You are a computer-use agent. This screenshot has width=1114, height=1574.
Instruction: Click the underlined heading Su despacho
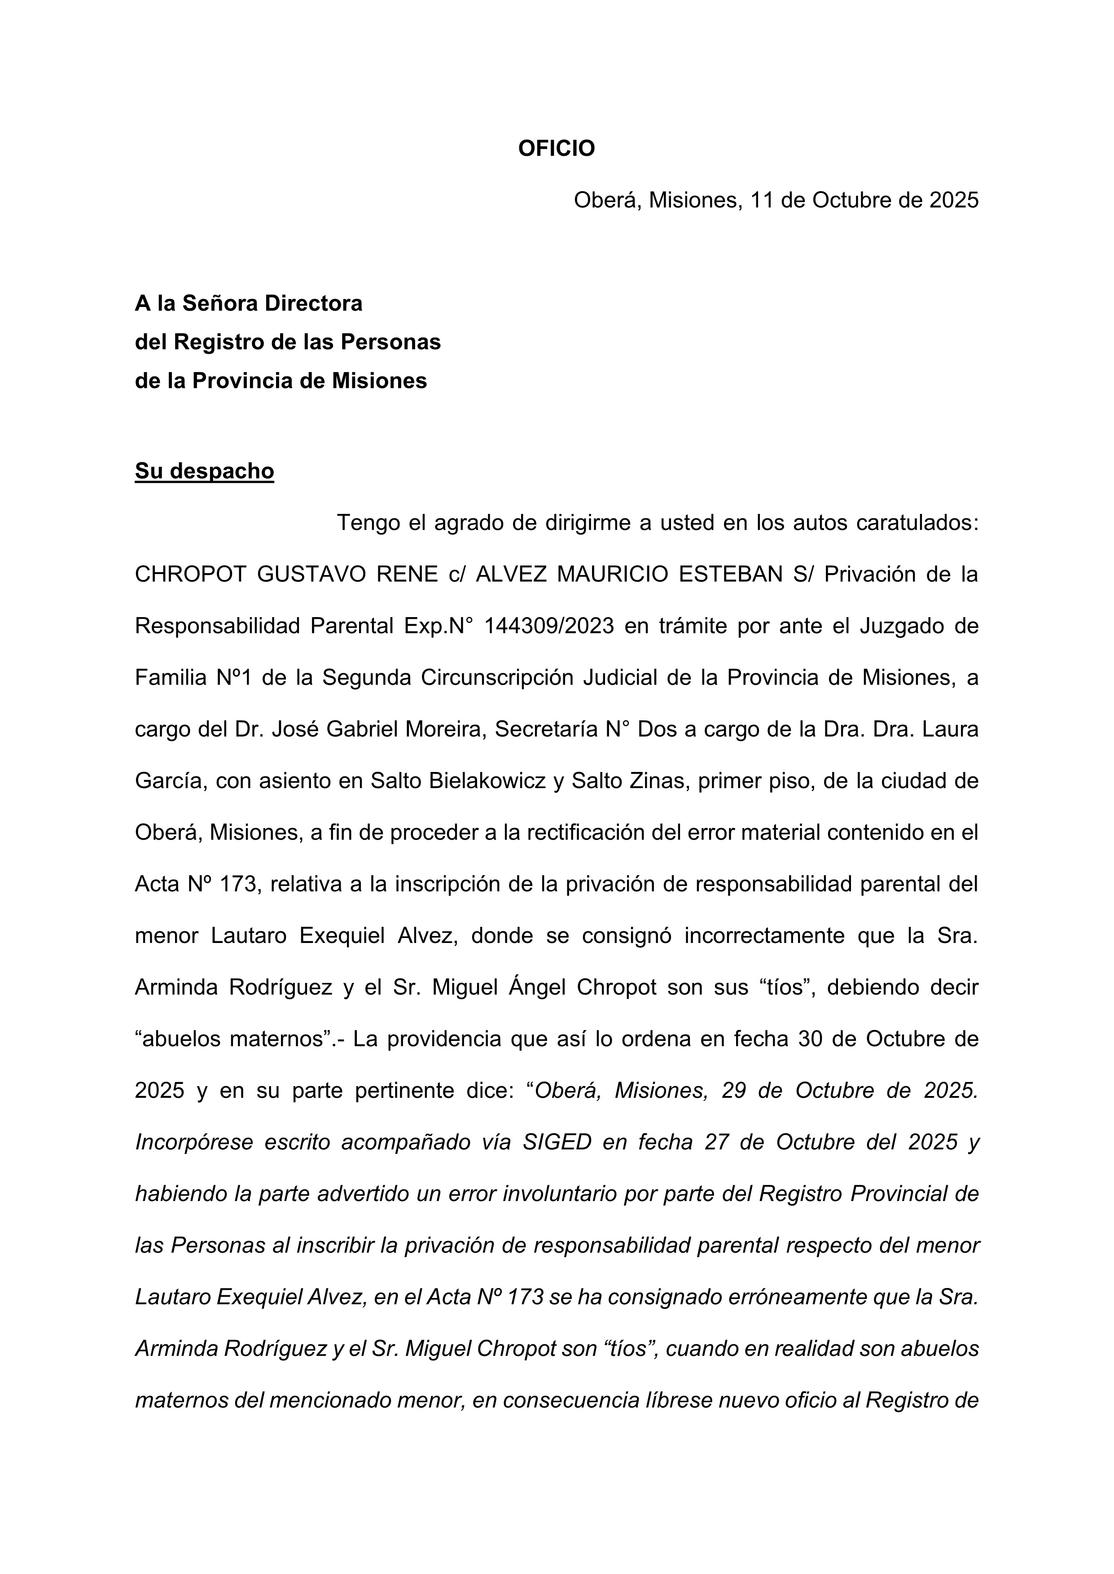[204, 471]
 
